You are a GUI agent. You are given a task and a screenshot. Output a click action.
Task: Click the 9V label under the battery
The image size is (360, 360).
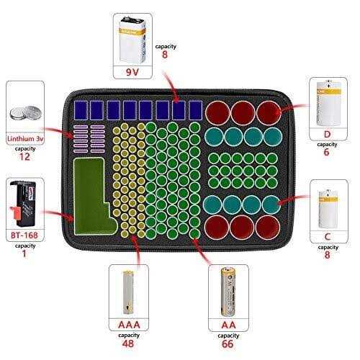click(x=132, y=72)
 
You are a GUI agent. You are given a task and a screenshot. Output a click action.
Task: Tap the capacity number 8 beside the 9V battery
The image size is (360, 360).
click(x=165, y=55)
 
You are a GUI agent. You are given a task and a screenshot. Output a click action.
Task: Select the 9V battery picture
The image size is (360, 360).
click(x=132, y=40)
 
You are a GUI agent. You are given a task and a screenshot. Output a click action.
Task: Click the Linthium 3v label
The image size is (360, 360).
click(x=25, y=139)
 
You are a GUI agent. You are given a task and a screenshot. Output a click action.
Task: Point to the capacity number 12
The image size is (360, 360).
click(x=24, y=157)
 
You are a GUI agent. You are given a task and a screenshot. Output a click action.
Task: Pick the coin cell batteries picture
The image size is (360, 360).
click(x=25, y=113)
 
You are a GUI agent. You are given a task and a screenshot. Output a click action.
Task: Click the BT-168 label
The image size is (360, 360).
click(x=24, y=235)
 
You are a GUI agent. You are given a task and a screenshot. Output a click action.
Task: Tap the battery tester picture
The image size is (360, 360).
click(x=24, y=204)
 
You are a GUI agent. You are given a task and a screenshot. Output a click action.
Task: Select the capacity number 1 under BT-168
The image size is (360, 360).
click(x=24, y=253)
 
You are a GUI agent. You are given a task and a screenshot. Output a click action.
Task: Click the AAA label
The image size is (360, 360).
click(x=129, y=325)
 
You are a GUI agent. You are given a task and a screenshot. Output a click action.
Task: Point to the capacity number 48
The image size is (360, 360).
click(x=128, y=343)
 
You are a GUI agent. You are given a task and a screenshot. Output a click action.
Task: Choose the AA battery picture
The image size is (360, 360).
click(x=228, y=292)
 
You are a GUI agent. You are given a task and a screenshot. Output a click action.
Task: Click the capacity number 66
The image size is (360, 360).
click(x=228, y=344)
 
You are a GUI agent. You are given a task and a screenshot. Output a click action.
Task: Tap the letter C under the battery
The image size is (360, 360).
click(x=328, y=237)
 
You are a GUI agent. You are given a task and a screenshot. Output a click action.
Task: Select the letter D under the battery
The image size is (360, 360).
click(x=327, y=135)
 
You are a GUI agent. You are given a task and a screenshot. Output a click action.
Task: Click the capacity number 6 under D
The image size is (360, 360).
click(x=327, y=152)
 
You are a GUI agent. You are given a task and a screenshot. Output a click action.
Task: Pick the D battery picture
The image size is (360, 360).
click(x=329, y=104)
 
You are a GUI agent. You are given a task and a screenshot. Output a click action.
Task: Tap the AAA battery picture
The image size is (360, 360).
click(x=128, y=292)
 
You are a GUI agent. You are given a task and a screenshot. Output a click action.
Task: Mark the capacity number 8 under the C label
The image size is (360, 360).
click(x=327, y=255)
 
